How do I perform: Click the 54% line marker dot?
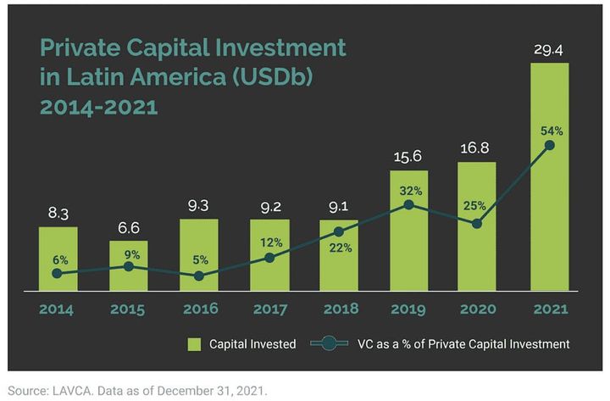(x=550, y=145)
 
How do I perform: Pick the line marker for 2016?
(x=198, y=276)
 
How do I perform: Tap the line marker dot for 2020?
(x=478, y=224)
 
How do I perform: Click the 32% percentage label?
(x=409, y=188)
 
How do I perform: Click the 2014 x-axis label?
(x=57, y=309)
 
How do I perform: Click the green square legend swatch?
(x=192, y=344)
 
